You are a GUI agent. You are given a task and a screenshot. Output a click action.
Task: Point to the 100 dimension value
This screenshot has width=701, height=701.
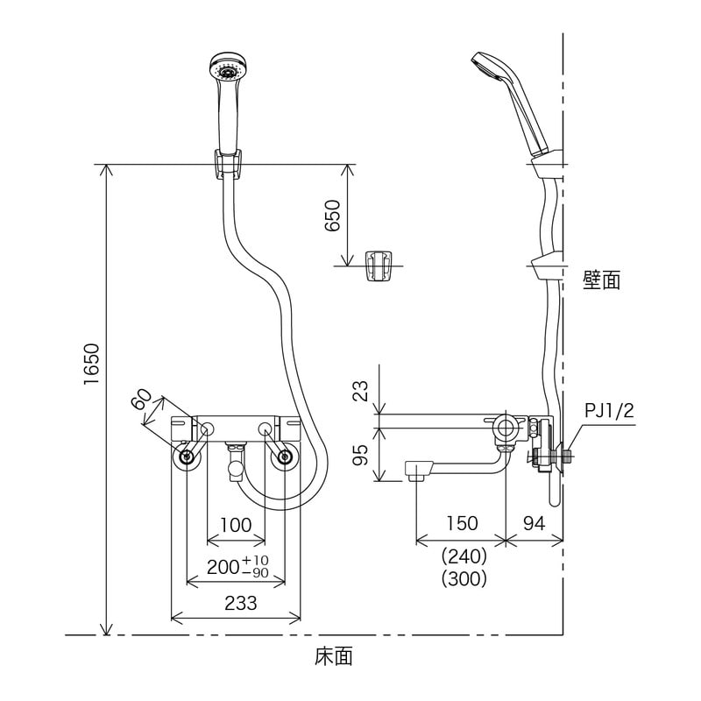tap(236, 525)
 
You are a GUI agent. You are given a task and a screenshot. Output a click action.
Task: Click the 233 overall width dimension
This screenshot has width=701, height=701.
tap(236, 603)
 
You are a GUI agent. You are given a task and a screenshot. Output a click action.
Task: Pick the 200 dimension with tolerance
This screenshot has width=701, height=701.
tap(236, 566)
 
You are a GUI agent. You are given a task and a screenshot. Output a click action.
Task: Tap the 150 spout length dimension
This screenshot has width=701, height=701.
tap(462, 523)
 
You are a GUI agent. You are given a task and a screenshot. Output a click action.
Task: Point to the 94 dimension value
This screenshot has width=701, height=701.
tap(535, 523)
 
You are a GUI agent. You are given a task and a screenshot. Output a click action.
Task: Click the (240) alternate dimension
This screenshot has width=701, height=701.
tap(463, 556)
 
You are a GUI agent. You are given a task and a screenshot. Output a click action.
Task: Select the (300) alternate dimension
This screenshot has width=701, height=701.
tap(463, 578)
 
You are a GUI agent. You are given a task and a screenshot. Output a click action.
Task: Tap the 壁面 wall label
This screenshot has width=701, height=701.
tap(601, 280)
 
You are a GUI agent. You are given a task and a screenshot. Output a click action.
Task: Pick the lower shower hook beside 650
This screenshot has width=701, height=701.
tap(379, 266)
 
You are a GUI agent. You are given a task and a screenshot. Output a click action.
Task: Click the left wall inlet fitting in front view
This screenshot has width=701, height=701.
tap(186, 457)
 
